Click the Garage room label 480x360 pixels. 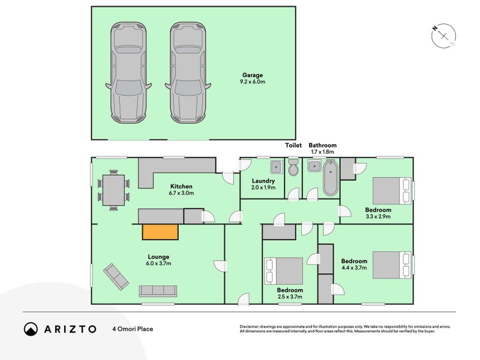click(253, 75)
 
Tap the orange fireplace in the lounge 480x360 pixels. click(160, 232)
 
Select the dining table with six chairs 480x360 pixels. click(113, 190)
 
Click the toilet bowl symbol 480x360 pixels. click(293, 167)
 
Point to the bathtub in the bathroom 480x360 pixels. click(331, 178)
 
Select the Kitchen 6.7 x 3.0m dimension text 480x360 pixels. click(181, 193)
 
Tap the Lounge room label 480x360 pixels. click(158, 257)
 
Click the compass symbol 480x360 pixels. click(443, 36)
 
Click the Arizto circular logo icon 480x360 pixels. click(31, 329)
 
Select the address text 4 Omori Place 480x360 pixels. click(133, 329)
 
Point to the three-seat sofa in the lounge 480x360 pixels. click(158, 291)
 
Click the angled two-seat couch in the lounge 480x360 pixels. click(116, 277)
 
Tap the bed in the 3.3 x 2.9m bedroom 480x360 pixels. click(392, 191)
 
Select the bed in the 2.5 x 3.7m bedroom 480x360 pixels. click(284, 271)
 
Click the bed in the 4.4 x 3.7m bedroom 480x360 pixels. click(392, 265)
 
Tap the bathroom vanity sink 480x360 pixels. click(314, 166)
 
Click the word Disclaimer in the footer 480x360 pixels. click(249, 327)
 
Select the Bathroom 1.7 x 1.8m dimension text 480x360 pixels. click(323, 152)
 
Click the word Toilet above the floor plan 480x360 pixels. click(293, 145)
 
